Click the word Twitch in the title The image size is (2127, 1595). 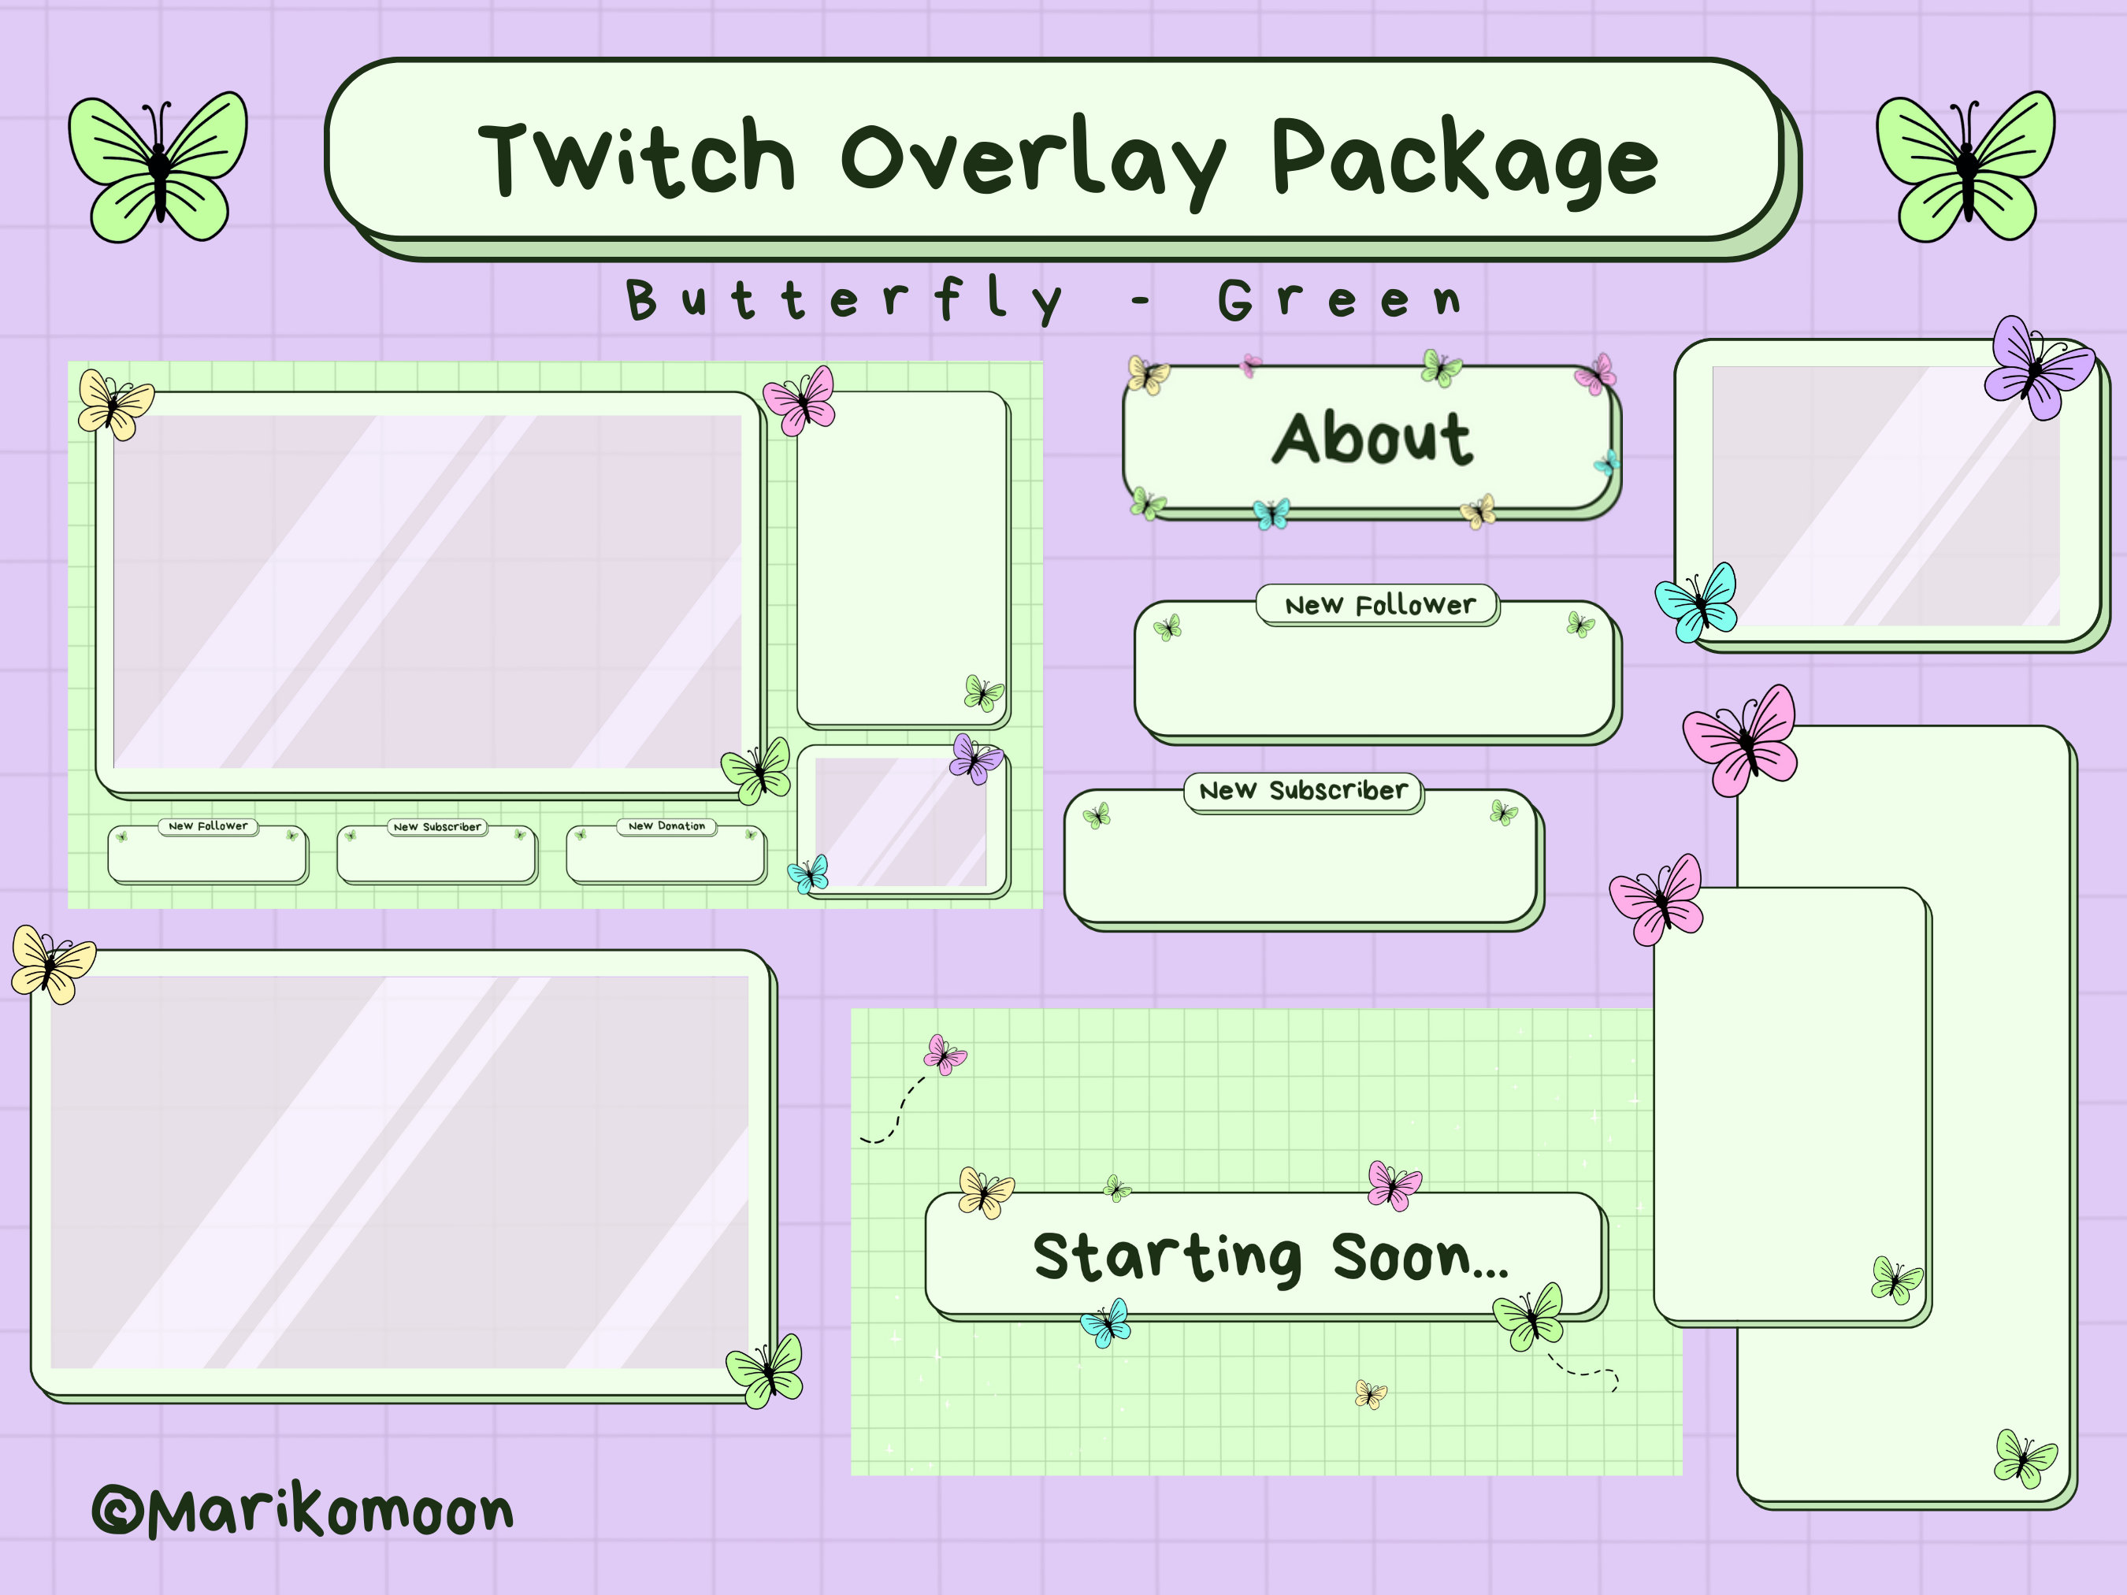click(637, 158)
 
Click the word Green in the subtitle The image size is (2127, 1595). click(1339, 300)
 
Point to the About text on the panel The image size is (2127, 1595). click(1372, 440)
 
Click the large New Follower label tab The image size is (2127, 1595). click(1379, 606)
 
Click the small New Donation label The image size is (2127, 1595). click(666, 826)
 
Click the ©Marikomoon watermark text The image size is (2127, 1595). click(303, 1512)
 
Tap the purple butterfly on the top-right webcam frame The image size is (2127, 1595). click(2036, 367)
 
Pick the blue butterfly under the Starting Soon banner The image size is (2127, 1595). click(1106, 1324)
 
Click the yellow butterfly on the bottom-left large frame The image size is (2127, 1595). click(52, 964)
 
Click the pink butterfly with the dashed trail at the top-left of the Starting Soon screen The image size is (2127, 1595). click(945, 1055)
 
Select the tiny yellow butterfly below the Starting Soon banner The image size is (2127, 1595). click(1370, 1394)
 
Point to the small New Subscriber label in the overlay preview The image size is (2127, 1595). click(437, 827)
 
